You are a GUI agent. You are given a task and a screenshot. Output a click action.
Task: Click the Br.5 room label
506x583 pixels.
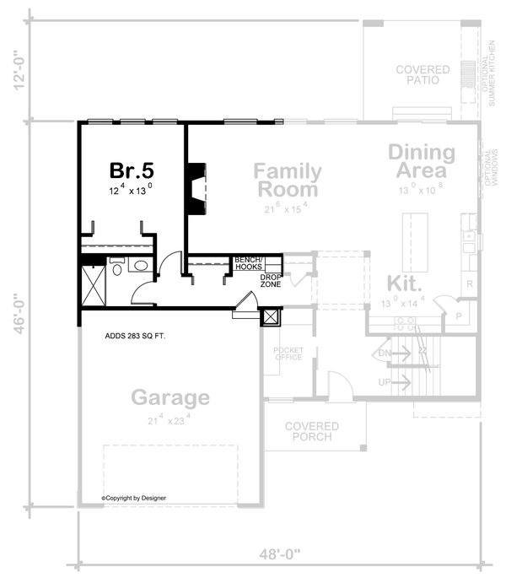(131, 170)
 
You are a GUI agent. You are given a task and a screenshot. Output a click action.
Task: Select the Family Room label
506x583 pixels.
(288, 180)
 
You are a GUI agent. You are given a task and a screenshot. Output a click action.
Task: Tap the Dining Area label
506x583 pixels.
(421, 163)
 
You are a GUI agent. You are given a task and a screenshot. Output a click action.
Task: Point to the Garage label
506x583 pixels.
(170, 397)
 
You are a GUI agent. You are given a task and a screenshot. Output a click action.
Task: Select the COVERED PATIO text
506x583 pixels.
(423, 76)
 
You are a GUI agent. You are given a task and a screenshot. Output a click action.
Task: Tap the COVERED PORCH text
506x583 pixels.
(311, 431)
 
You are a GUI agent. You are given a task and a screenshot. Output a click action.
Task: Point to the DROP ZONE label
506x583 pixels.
(270, 281)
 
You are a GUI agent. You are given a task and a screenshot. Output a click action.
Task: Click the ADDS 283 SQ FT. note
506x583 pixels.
(135, 336)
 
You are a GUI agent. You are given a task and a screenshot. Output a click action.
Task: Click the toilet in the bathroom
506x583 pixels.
(117, 266)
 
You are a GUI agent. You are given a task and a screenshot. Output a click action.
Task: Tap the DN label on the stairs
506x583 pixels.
(385, 352)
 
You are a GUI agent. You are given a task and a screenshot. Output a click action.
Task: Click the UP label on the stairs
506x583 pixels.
(385, 382)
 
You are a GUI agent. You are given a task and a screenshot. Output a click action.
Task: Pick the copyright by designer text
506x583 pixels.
(134, 498)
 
